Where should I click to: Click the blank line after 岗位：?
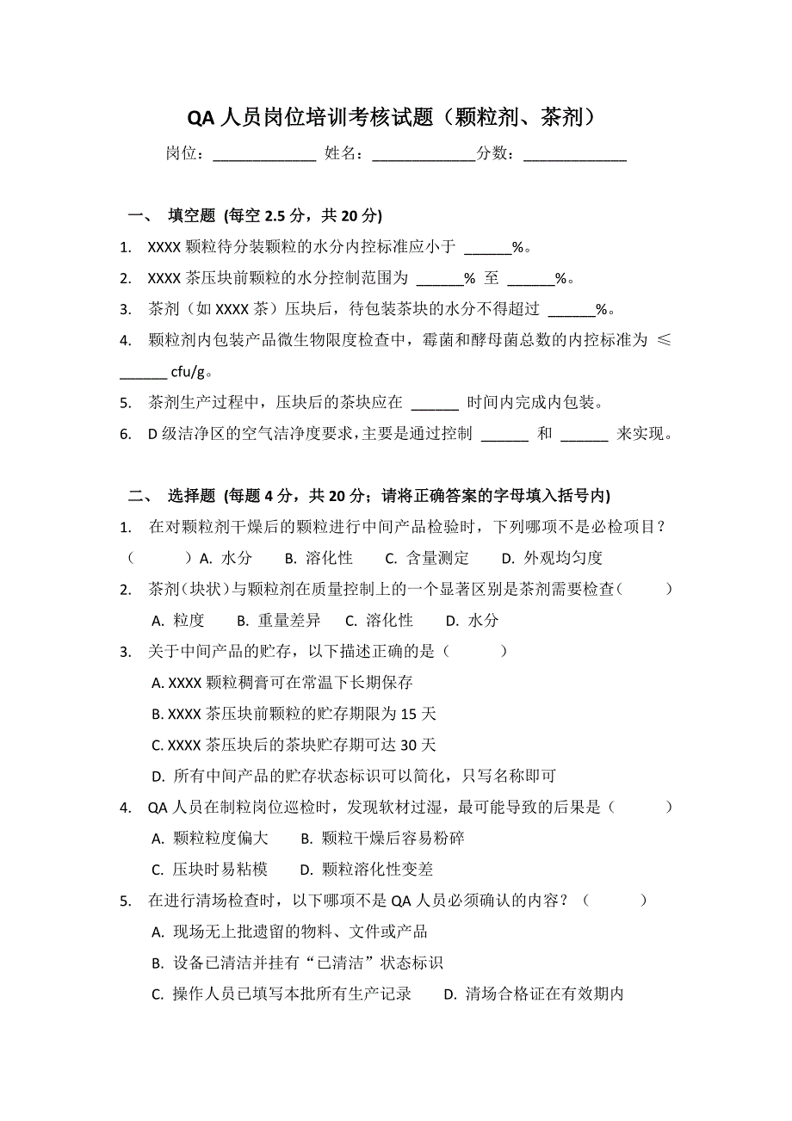click(264, 157)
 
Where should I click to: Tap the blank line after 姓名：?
click(423, 157)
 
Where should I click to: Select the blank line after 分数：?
click(574, 157)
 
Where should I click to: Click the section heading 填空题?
click(191, 215)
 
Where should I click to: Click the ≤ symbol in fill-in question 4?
click(664, 340)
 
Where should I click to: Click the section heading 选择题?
click(191, 495)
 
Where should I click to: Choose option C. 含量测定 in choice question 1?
click(427, 558)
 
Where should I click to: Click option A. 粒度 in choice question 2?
click(178, 621)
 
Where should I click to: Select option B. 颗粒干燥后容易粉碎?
click(383, 839)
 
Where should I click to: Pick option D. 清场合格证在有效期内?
click(533, 994)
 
